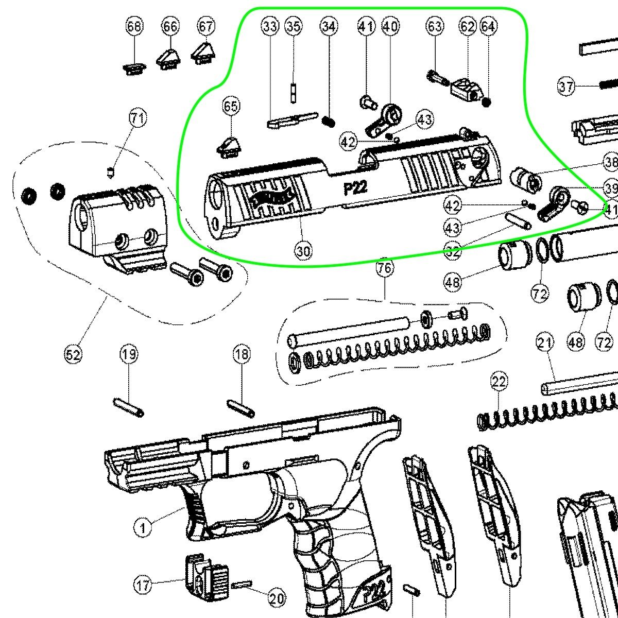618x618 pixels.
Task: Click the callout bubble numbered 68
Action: (x=134, y=26)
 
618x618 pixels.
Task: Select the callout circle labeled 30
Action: (x=304, y=251)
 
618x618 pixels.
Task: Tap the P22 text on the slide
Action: (x=355, y=187)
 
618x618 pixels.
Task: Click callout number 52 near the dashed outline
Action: (x=73, y=354)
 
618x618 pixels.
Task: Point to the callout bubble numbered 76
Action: (x=385, y=268)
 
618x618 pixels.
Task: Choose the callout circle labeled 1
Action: (x=143, y=527)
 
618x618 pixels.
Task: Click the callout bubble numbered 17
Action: (x=143, y=585)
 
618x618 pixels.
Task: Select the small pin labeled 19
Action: (x=128, y=407)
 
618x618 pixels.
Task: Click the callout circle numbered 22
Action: (x=499, y=382)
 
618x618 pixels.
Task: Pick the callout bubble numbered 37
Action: (x=566, y=86)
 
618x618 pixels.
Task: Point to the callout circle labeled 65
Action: (x=231, y=106)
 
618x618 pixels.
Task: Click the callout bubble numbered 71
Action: (x=137, y=118)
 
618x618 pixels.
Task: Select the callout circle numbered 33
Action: (x=270, y=26)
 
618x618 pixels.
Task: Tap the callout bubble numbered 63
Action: (x=435, y=26)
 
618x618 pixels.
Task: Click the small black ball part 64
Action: (x=487, y=102)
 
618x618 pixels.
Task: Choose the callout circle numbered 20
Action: (x=277, y=598)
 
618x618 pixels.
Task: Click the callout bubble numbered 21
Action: (x=545, y=342)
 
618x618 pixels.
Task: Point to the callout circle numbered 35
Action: (x=294, y=26)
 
